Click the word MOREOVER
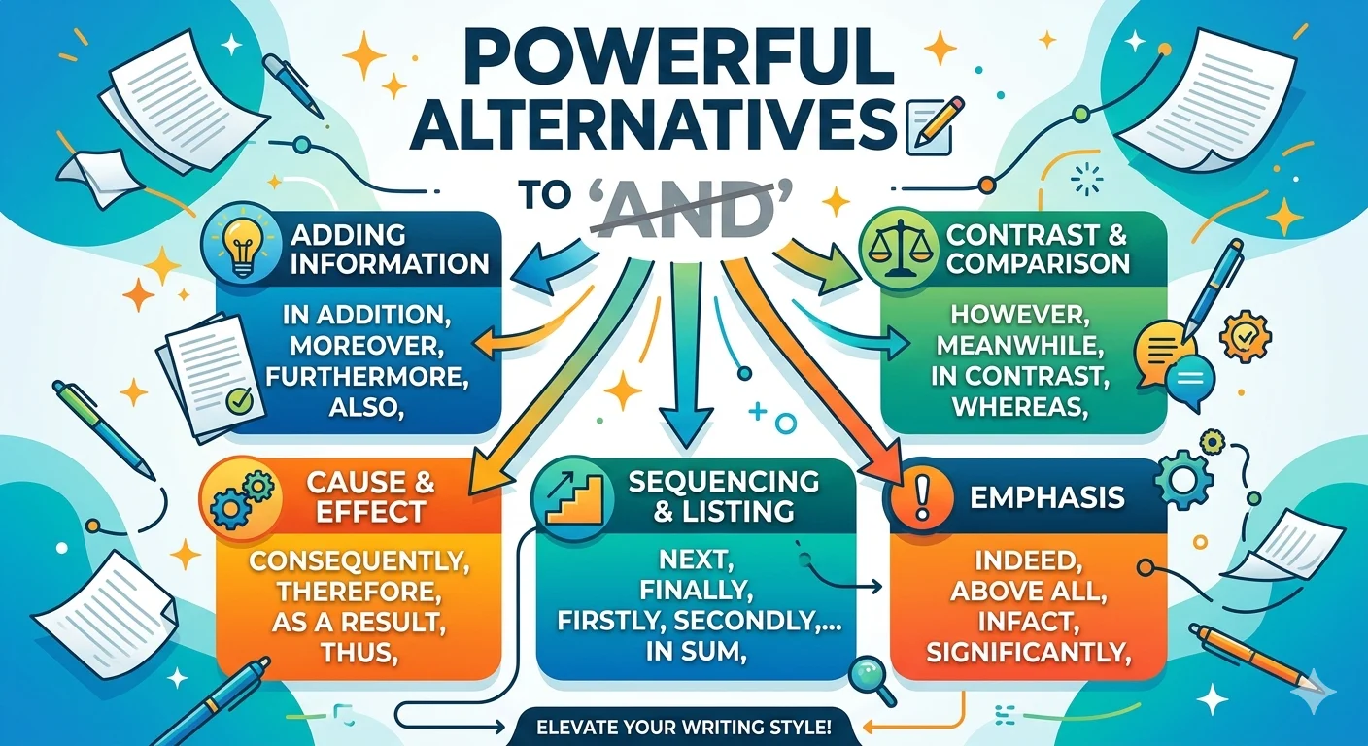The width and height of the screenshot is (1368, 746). [366, 346]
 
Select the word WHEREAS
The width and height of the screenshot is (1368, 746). [1020, 407]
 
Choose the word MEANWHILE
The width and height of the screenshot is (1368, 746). [1020, 346]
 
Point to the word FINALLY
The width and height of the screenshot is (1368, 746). [696, 590]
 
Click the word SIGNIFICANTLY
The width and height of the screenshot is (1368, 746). [1027, 653]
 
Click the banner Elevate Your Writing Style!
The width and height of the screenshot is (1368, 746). [684, 728]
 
